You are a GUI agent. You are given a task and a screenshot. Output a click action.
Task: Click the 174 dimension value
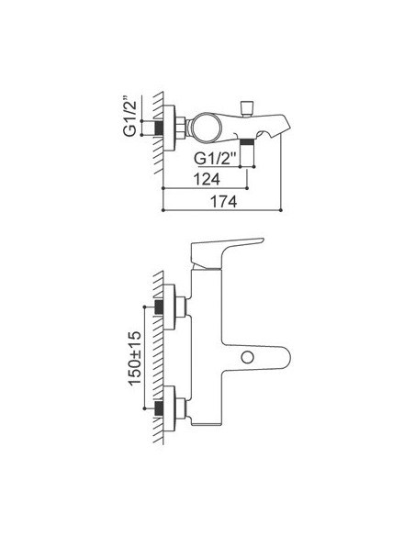(223, 202)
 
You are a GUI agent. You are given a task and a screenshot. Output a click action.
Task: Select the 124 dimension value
(207, 179)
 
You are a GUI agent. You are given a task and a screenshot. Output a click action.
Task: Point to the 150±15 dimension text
(135, 358)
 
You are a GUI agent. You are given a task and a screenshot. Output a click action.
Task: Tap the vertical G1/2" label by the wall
(130, 116)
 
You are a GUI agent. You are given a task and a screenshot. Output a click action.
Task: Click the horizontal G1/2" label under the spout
(216, 158)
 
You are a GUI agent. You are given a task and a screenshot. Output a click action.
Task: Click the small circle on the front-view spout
(247, 358)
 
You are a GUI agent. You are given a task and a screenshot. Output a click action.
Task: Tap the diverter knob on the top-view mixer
(246, 107)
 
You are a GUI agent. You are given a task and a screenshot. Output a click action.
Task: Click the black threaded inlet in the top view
(159, 128)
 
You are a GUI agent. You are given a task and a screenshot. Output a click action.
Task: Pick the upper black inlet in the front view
(159, 307)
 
